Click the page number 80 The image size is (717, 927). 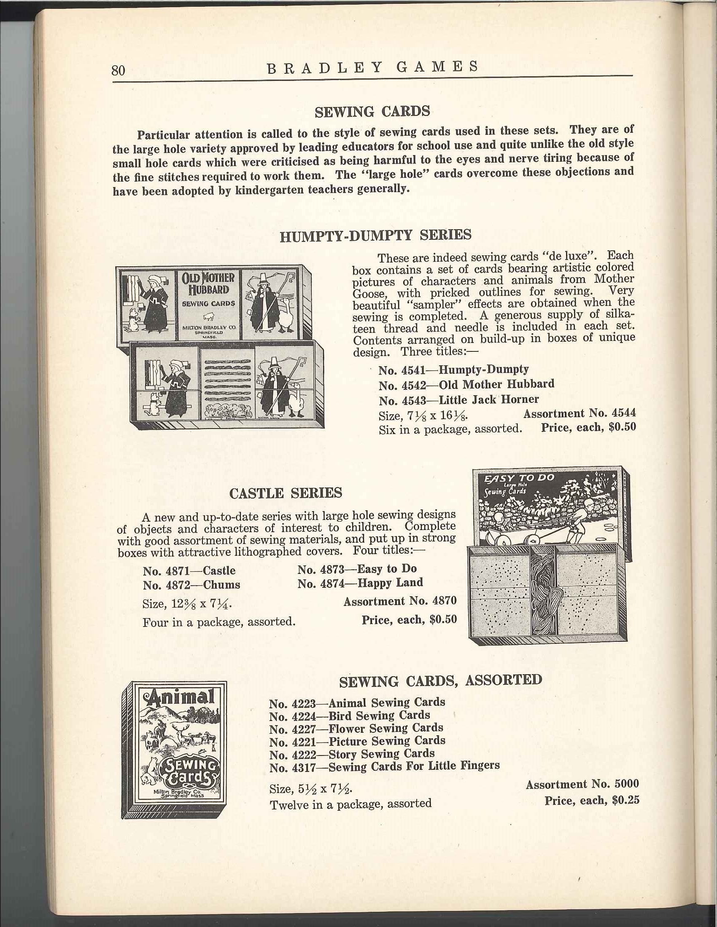tap(119, 70)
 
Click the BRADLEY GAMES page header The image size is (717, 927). tap(372, 67)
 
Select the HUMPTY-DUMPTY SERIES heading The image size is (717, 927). tap(375, 235)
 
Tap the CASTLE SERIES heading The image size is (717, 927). tap(286, 493)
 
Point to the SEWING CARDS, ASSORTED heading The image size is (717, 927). tap(440, 680)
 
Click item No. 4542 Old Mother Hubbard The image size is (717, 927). tap(466, 385)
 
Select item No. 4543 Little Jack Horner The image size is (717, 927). tap(458, 400)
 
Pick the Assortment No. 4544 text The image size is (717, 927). tap(580, 413)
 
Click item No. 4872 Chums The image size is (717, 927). tap(191, 585)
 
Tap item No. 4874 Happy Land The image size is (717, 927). tap(360, 583)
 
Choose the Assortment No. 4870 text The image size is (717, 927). tap(400, 601)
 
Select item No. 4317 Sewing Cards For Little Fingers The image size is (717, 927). tap(384, 766)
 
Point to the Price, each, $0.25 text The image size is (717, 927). tap(592, 801)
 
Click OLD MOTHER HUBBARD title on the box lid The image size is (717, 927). tap(208, 284)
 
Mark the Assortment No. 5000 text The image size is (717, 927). tap(582, 785)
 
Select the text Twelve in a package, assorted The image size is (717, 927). tap(350, 804)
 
